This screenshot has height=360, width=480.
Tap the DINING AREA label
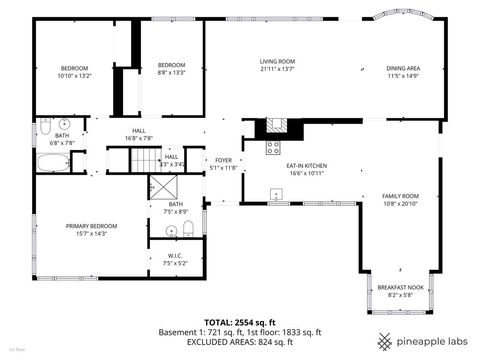coord(403,68)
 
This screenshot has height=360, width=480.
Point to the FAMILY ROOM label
coord(401,196)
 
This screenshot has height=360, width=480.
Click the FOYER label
coord(224,161)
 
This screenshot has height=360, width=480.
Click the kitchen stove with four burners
coord(273,148)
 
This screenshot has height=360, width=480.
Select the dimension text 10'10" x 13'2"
coord(74,76)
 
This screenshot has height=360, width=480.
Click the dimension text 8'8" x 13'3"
coord(172,72)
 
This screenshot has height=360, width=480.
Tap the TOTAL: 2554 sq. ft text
coord(240,322)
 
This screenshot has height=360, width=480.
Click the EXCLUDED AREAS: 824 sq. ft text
coord(240,342)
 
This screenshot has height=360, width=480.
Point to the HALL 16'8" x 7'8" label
coord(139,134)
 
